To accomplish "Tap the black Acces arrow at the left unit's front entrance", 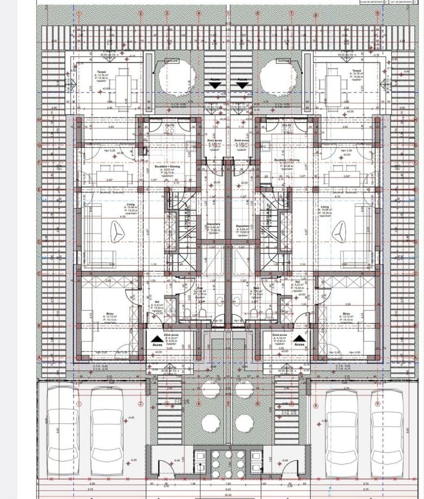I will coord(156,339).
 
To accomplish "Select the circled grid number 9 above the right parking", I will coord(377,404).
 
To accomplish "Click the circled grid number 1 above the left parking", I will coord(79,404).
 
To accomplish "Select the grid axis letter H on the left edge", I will coord(40,119).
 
